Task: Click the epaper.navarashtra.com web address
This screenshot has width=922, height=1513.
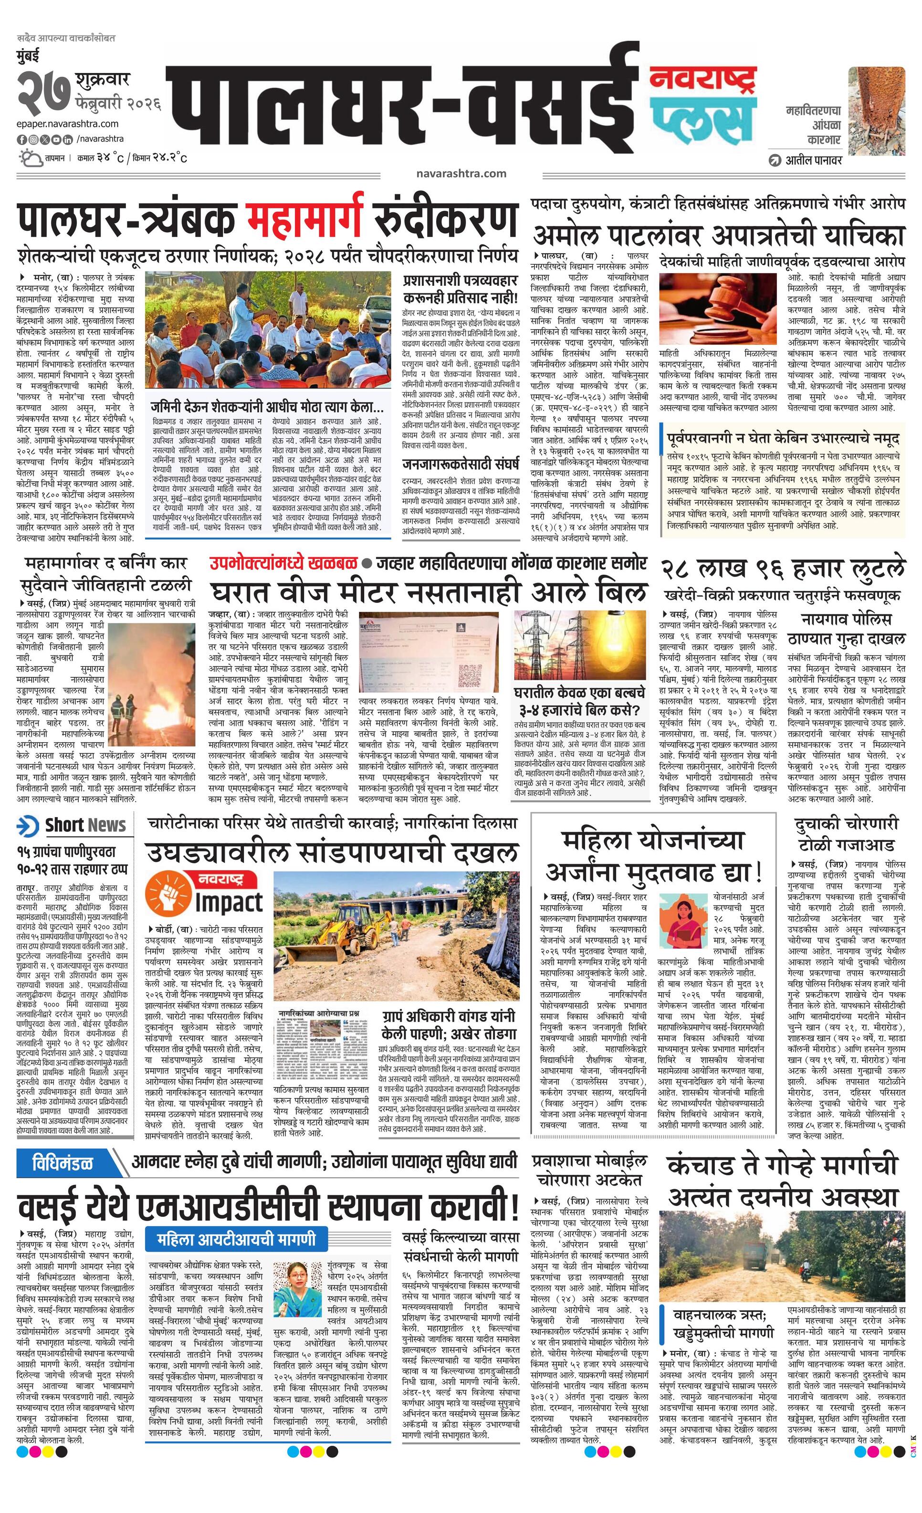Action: (x=68, y=124)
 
